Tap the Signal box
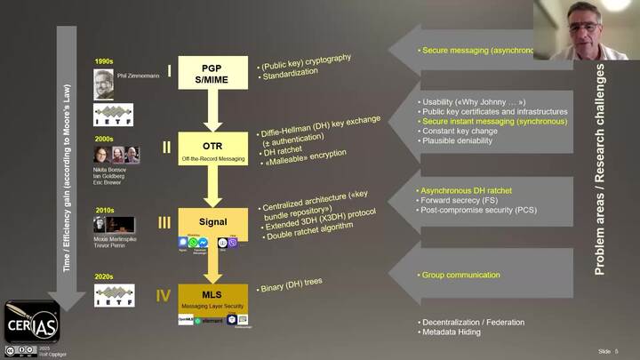coord(212,221)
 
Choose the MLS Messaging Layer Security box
coord(212,296)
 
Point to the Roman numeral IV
coord(164,295)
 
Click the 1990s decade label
coord(104,61)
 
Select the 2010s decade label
coord(104,210)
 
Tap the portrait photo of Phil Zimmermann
coord(104,83)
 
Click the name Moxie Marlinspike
coord(114,239)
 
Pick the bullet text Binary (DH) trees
coord(292,286)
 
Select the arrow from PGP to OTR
coord(212,109)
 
